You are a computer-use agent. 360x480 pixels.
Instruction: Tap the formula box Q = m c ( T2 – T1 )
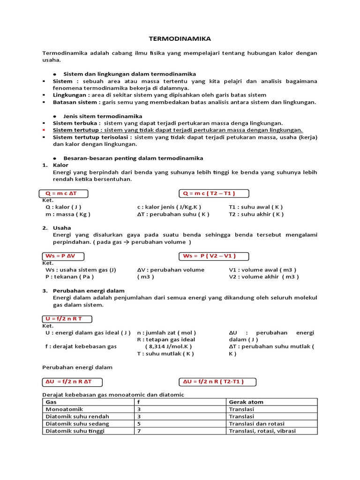tap(214, 194)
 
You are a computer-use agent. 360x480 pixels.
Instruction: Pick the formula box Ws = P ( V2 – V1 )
tap(214, 256)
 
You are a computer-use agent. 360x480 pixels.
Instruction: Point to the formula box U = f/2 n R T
tap(65, 319)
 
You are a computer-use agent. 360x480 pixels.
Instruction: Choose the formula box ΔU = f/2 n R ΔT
tap(70, 382)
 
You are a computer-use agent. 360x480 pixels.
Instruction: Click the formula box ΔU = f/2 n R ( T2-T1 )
tap(218, 382)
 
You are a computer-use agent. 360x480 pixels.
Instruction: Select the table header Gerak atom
tap(246, 402)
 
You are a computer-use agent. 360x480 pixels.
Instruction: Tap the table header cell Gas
tap(51, 402)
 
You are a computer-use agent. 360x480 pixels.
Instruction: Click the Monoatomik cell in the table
tap(64, 409)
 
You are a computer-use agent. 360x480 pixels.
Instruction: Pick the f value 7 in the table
tap(139, 431)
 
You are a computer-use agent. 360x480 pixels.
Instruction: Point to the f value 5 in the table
tap(139, 424)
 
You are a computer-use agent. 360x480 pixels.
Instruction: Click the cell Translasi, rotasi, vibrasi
tap(262, 431)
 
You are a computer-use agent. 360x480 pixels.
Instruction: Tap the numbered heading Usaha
tap(62, 228)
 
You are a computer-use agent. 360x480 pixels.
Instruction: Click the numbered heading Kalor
tap(60, 165)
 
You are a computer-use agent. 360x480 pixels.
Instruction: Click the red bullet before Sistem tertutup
tap(44, 130)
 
